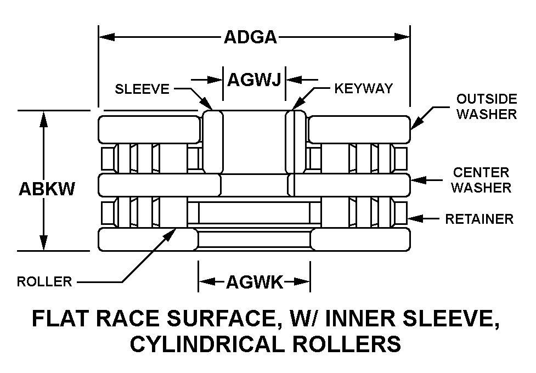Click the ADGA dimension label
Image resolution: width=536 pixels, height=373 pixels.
[250, 37]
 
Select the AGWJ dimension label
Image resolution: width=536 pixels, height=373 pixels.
[254, 80]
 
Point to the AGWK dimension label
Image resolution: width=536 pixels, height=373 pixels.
[254, 282]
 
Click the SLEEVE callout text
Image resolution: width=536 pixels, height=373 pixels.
[142, 89]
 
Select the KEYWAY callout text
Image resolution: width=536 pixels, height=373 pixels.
[364, 88]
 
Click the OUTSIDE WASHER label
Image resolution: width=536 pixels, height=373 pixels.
[487, 106]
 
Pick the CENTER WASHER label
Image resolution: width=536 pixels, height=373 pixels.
[481, 180]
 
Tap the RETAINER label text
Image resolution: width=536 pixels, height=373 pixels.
[479, 219]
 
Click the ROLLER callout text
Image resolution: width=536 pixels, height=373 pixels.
[44, 282]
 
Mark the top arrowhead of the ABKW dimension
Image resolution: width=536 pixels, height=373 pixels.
[43, 118]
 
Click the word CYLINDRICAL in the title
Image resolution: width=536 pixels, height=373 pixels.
[219, 344]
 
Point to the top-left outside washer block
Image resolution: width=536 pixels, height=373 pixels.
[149, 129]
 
